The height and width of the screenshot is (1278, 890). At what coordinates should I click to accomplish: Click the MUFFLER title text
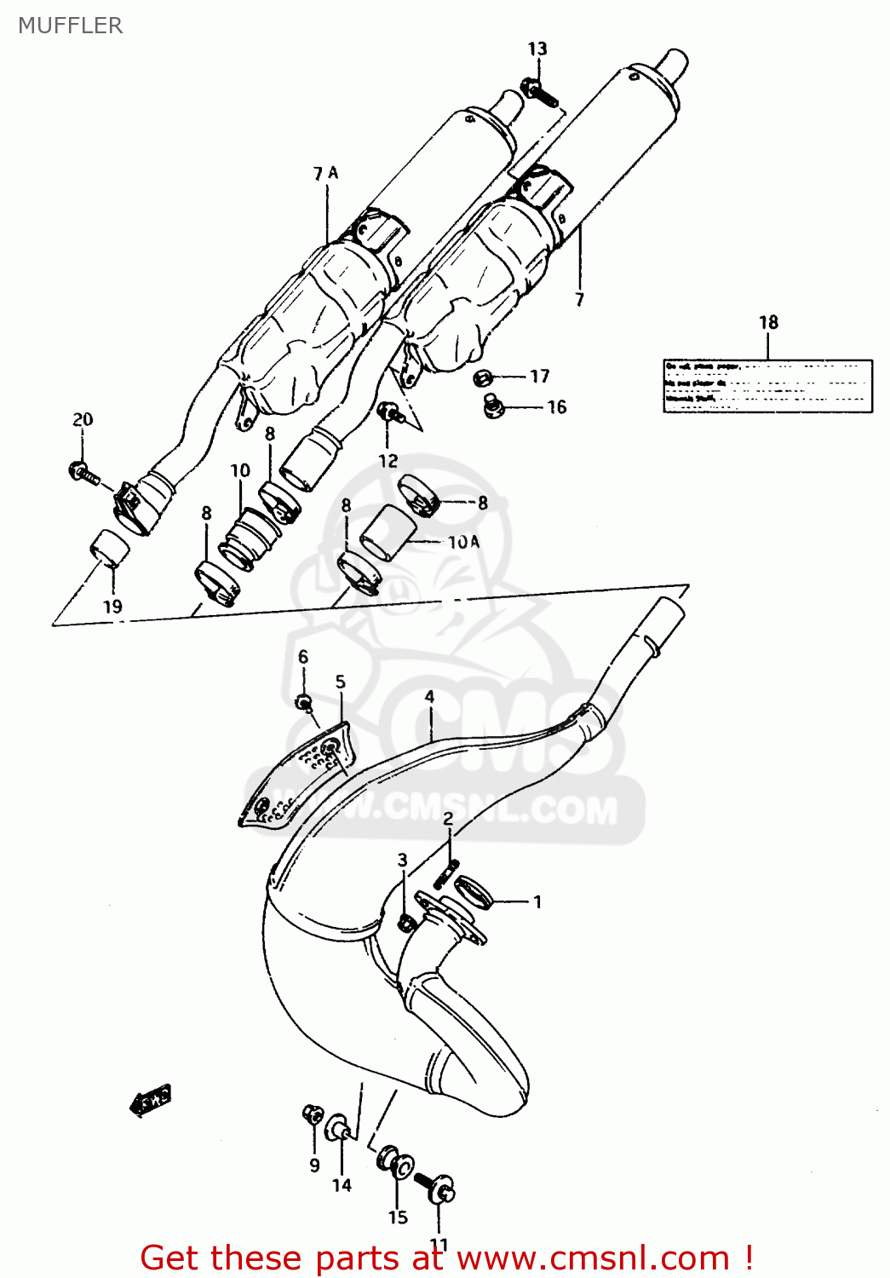tap(71, 26)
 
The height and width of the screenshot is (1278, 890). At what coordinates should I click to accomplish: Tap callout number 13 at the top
tap(537, 49)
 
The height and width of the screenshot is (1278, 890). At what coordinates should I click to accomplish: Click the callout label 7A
tap(325, 174)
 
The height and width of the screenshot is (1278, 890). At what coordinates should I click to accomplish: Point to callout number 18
tap(768, 322)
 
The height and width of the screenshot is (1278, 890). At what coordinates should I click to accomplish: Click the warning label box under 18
tap(767, 386)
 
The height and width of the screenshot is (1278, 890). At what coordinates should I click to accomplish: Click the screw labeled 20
tap(83, 472)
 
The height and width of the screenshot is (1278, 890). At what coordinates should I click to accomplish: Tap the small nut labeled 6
tap(304, 702)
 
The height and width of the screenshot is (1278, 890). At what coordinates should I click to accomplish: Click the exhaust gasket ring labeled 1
tap(474, 891)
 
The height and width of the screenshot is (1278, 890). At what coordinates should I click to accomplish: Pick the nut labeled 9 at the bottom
tap(313, 1114)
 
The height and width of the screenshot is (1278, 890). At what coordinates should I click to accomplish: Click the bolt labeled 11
tap(437, 1187)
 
